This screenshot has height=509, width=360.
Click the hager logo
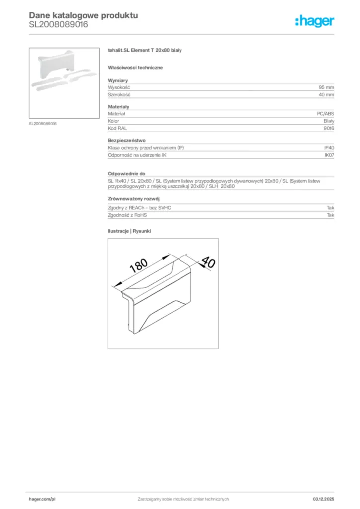[314, 21]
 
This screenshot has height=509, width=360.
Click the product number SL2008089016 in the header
[58, 24]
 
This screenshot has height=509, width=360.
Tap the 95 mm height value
[326, 87]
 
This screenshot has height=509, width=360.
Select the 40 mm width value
[326, 94]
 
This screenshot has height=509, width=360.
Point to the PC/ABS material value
[326, 114]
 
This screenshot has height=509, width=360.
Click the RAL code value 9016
[329, 128]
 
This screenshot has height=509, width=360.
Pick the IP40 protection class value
[329, 148]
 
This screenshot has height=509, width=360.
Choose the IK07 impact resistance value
[329, 155]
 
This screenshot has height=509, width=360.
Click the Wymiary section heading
[118, 80]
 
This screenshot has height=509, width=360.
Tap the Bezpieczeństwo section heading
[127, 140]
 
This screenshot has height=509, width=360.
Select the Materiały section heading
[119, 106]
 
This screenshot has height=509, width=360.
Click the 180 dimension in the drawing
[139, 266]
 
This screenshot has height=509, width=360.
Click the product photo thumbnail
[64, 83]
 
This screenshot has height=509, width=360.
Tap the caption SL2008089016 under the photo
[43, 123]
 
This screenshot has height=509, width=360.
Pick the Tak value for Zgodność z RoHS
[330, 215]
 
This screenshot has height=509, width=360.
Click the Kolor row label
[113, 121]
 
